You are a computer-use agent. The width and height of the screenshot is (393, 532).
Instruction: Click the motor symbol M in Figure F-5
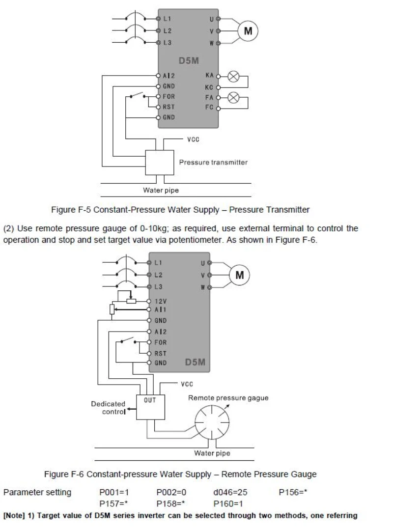coord(248,31)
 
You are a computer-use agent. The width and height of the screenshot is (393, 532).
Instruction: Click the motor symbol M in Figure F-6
coord(240,275)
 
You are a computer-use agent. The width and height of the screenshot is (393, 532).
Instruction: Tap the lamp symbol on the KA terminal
coord(233,77)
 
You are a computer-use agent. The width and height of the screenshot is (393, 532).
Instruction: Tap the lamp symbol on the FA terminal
coord(233,98)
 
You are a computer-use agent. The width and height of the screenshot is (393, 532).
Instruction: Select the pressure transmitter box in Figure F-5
coord(160,163)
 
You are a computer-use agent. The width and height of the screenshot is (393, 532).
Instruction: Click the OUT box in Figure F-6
coord(151,407)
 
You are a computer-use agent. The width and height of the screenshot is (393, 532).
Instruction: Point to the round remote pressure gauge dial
coord(212,422)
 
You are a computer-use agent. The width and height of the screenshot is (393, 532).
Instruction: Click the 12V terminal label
coord(161,301)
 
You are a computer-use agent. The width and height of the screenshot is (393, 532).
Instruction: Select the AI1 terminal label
coord(160,309)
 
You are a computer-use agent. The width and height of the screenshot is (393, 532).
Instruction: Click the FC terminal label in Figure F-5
coord(209,107)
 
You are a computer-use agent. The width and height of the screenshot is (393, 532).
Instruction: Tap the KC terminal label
coord(209,87)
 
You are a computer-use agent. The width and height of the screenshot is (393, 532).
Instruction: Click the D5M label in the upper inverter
coord(189,61)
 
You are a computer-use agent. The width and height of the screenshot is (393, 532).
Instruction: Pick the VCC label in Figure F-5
coord(193,140)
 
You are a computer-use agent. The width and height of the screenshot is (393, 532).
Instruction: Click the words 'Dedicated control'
coord(108,408)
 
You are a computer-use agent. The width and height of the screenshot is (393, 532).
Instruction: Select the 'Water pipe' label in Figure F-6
coord(212,453)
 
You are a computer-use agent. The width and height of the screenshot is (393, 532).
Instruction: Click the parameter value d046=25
coord(230,492)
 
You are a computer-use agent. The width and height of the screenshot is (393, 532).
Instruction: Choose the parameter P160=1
coord(228,504)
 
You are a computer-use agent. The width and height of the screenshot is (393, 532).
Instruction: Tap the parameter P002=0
coord(171,492)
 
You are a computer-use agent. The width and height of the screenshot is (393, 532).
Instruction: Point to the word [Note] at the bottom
coord(14,516)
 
